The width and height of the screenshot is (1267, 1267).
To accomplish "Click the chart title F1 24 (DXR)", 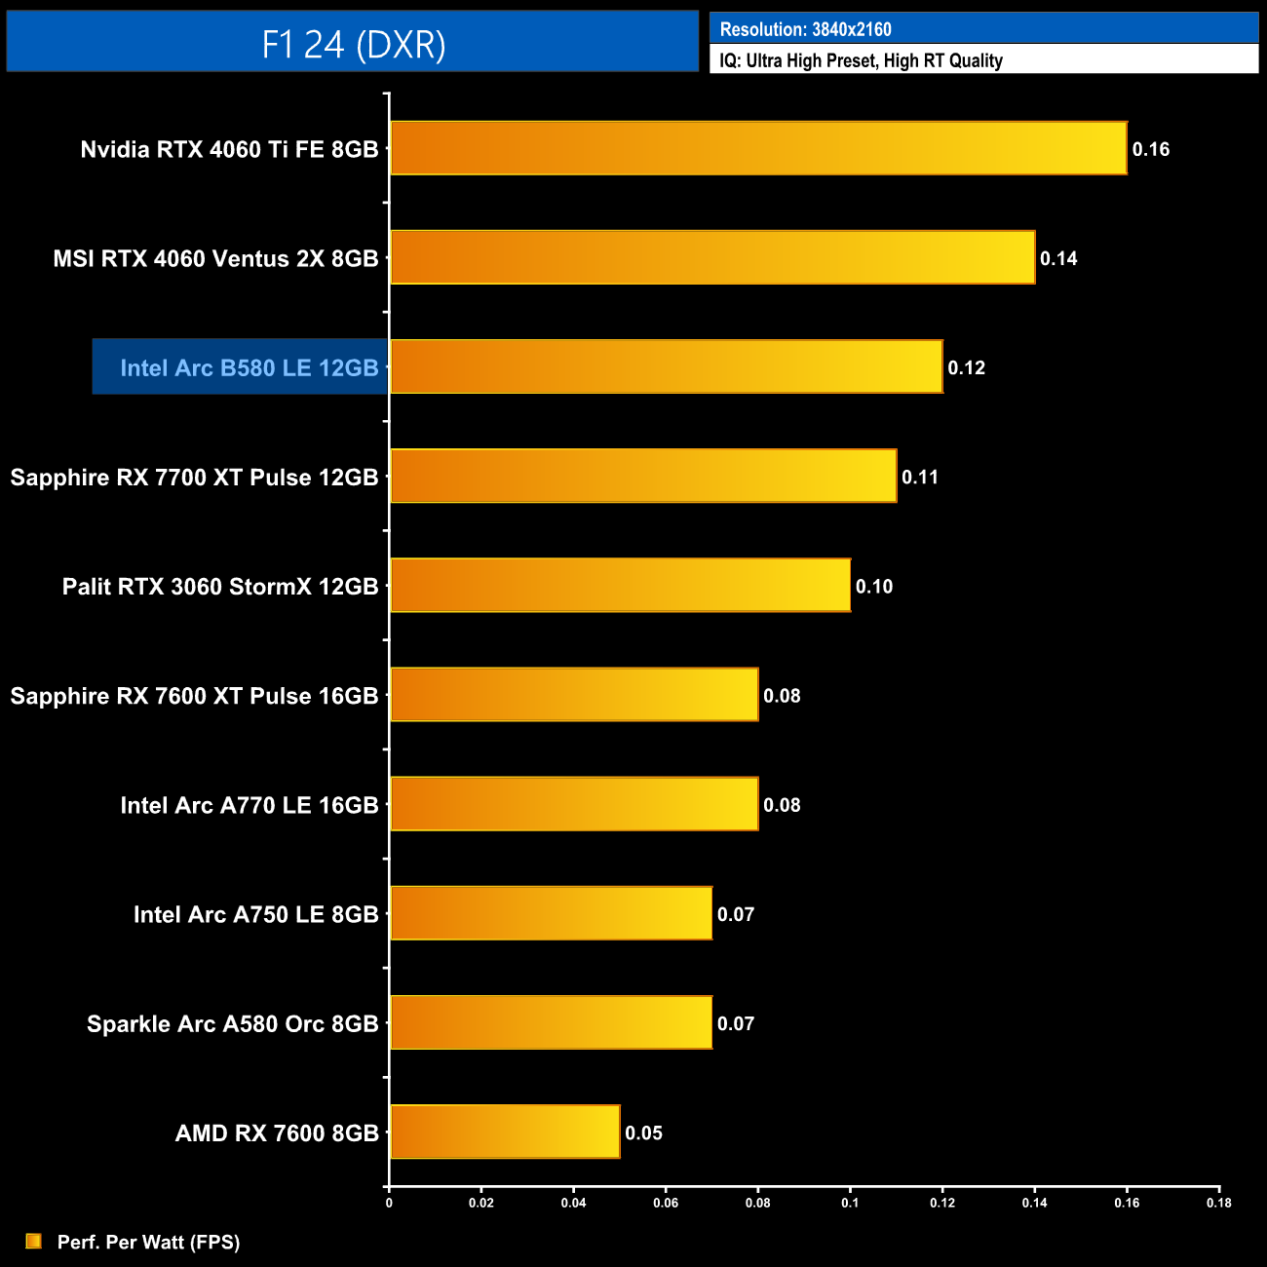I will tap(353, 44).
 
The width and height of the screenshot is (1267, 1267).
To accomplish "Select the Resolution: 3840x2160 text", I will tap(805, 29).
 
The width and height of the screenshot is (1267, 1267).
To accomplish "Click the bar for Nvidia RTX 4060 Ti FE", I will tap(758, 148).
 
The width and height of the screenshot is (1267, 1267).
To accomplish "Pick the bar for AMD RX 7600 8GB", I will tap(505, 1132).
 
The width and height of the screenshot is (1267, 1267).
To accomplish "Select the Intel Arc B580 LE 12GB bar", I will tap(667, 366).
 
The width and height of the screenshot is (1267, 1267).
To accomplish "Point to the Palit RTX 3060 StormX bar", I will tap(620, 585).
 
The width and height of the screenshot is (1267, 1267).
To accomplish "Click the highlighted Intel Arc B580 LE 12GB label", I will tap(249, 367).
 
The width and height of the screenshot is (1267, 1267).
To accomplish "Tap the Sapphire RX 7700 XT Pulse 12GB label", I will tap(194, 477).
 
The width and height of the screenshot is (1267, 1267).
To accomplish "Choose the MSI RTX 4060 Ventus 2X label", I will tap(215, 258).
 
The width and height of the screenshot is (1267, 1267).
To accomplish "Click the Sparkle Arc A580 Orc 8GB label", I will tap(232, 1023).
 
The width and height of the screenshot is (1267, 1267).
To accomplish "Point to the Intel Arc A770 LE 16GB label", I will tap(249, 805).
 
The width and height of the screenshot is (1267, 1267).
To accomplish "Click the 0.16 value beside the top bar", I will tap(1150, 149).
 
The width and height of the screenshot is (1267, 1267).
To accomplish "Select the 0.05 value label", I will tap(643, 1133).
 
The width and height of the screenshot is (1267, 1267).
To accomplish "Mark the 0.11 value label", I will tap(919, 477).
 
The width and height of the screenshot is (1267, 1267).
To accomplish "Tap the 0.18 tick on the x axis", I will tap(1218, 1203).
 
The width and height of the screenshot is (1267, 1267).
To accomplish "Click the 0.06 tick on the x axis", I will tap(666, 1203).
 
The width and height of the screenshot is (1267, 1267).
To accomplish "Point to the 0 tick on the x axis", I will tap(389, 1203).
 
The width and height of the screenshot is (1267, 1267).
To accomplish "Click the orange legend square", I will tap(33, 1241).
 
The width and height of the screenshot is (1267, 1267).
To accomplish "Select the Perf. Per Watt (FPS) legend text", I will tap(148, 1242).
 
